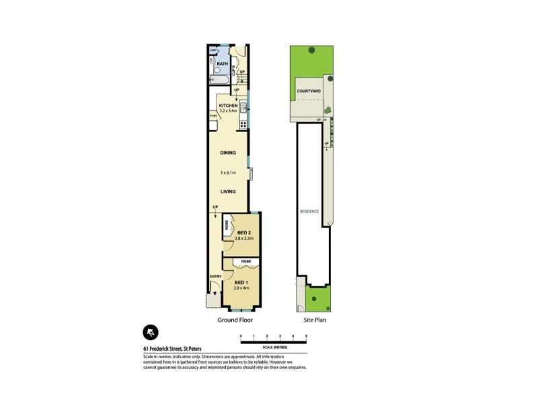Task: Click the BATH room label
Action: pyautogui.click(x=223, y=64)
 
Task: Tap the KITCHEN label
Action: pyautogui.click(x=229, y=106)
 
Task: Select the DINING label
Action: pyautogui.click(x=228, y=153)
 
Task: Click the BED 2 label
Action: pyautogui.click(x=243, y=232)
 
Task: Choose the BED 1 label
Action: pyautogui.click(x=240, y=281)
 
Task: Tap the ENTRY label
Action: pyautogui.click(x=215, y=276)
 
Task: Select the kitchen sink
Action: pyautogui.click(x=243, y=106)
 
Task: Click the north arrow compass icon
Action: pyautogui.click(x=151, y=331)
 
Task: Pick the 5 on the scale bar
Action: pyautogui.click(x=306, y=335)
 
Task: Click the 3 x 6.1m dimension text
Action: pyautogui.click(x=229, y=173)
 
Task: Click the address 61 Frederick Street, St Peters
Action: pyautogui.click(x=173, y=348)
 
